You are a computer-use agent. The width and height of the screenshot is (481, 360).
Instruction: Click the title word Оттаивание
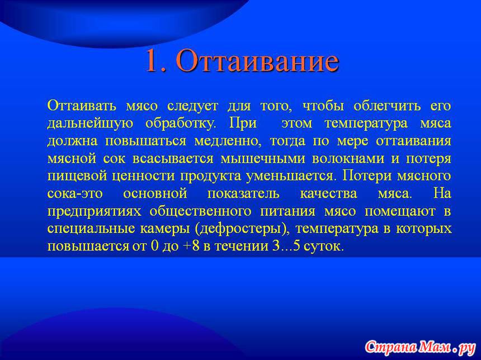point(257,61)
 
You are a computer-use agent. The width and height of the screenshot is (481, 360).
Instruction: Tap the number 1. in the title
point(156,61)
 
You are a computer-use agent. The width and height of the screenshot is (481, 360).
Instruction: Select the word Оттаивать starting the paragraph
point(82,106)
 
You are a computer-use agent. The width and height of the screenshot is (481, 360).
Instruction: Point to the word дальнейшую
point(90,124)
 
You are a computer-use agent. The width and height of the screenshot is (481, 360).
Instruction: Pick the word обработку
point(181,124)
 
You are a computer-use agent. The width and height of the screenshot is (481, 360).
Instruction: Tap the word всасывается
point(173,159)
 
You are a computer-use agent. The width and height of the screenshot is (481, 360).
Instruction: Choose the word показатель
point(243,194)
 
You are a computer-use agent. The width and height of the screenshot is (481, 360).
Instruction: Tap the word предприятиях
point(95,212)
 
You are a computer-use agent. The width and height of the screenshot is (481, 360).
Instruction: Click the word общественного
point(201,212)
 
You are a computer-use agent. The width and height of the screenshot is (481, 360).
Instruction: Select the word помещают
point(400,212)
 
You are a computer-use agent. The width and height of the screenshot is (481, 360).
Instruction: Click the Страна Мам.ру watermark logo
point(420,347)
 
